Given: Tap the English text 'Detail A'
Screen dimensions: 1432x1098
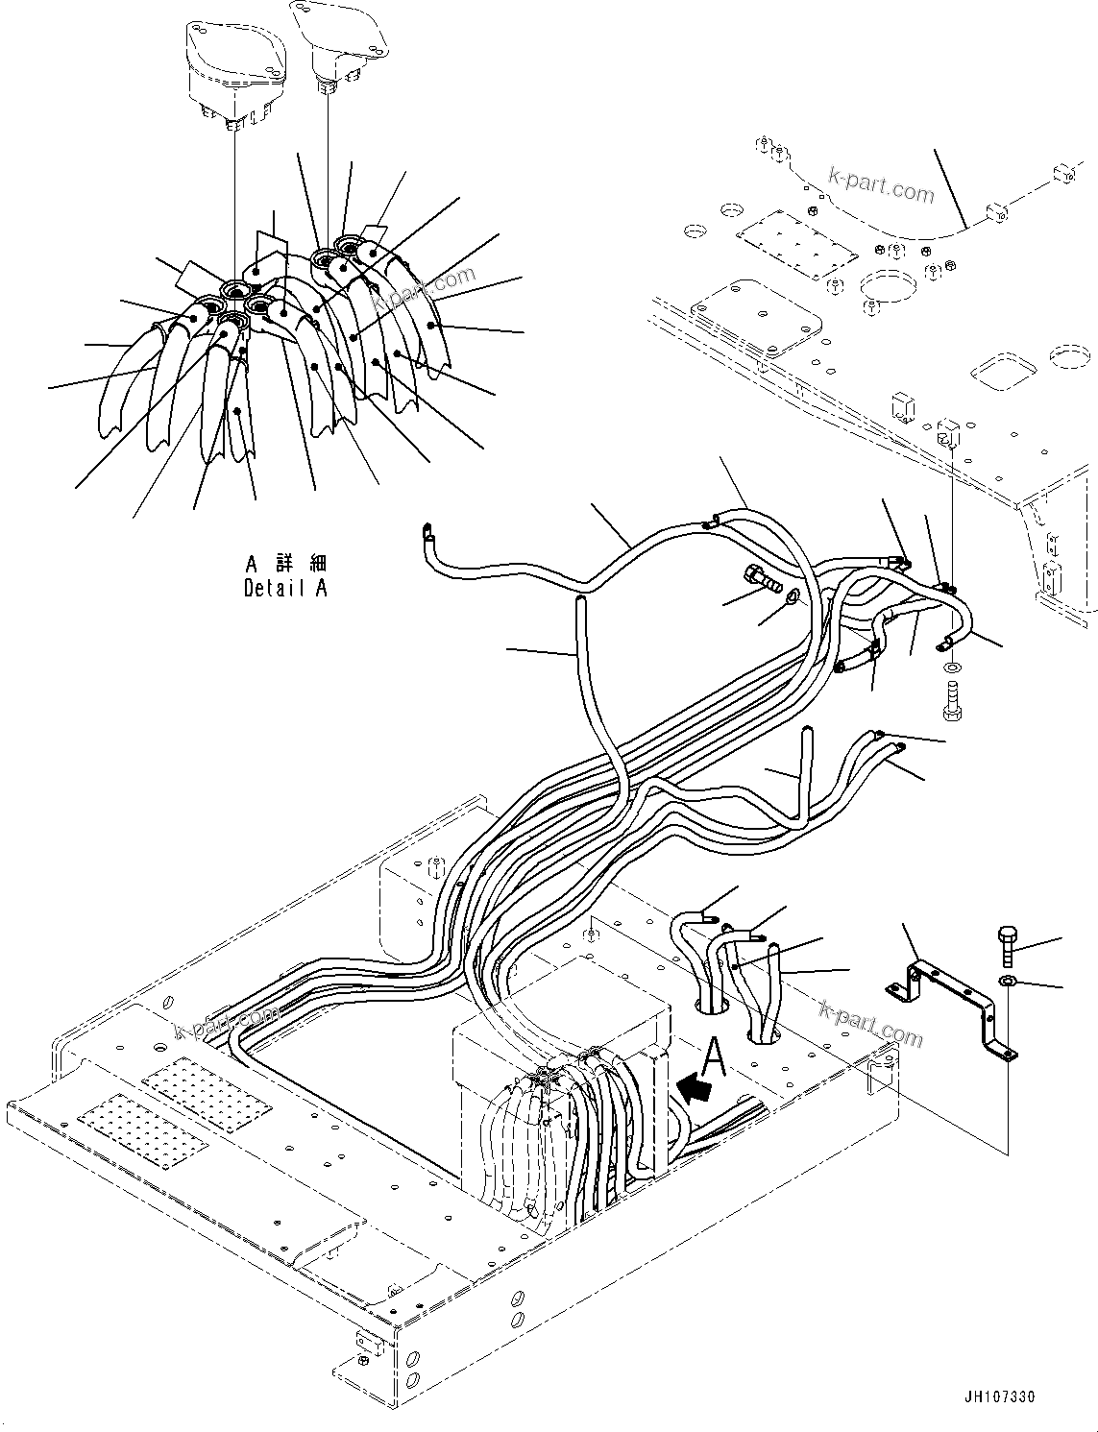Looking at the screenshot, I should click(x=285, y=588).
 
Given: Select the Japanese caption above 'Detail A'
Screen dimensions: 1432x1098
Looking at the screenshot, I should click(x=285, y=563).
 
